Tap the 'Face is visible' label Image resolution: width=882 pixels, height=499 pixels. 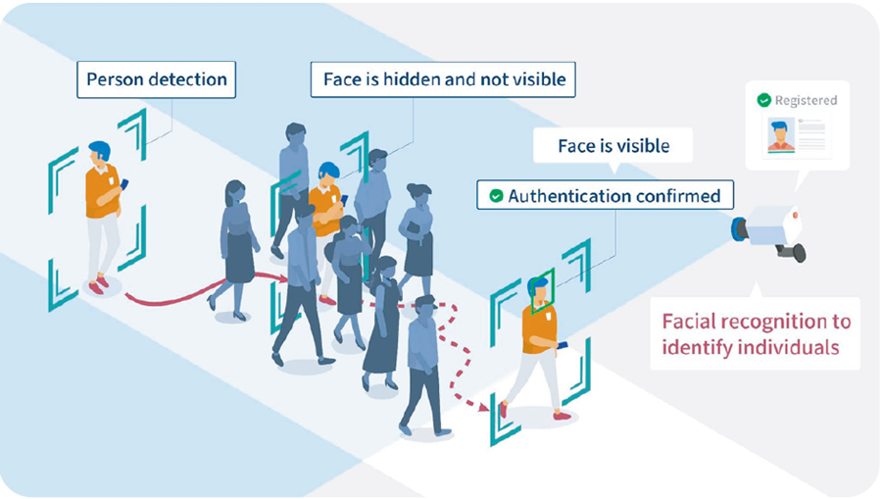click(613, 146)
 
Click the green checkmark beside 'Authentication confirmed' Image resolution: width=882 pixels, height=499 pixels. click(496, 196)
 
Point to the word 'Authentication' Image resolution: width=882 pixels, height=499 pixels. click(563, 196)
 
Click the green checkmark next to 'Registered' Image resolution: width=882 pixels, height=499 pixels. click(763, 100)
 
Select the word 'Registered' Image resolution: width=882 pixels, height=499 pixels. click(806, 100)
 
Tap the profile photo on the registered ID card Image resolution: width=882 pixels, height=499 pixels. click(781, 135)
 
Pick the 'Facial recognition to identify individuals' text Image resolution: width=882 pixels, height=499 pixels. click(756, 335)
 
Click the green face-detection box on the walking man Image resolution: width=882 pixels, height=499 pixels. click(539, 288)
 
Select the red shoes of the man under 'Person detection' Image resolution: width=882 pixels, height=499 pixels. click(98, 285)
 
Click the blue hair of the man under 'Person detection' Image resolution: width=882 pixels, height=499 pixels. click(99, 149)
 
